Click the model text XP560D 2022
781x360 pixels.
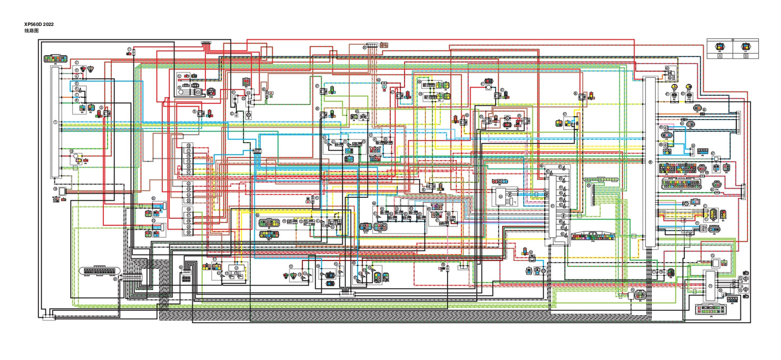(38, 24)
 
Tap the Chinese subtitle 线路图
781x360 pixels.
(31, 31)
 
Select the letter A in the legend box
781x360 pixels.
(720, 55)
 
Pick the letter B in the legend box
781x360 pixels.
(746, 55)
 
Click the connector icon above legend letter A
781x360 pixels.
(720, 46)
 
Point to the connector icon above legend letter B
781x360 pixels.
(746, 46)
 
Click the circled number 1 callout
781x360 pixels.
(55, 122)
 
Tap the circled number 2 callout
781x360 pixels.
(77, 63)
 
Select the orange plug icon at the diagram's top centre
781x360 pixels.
(384, 45)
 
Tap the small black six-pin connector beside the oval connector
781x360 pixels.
(185, 278)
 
